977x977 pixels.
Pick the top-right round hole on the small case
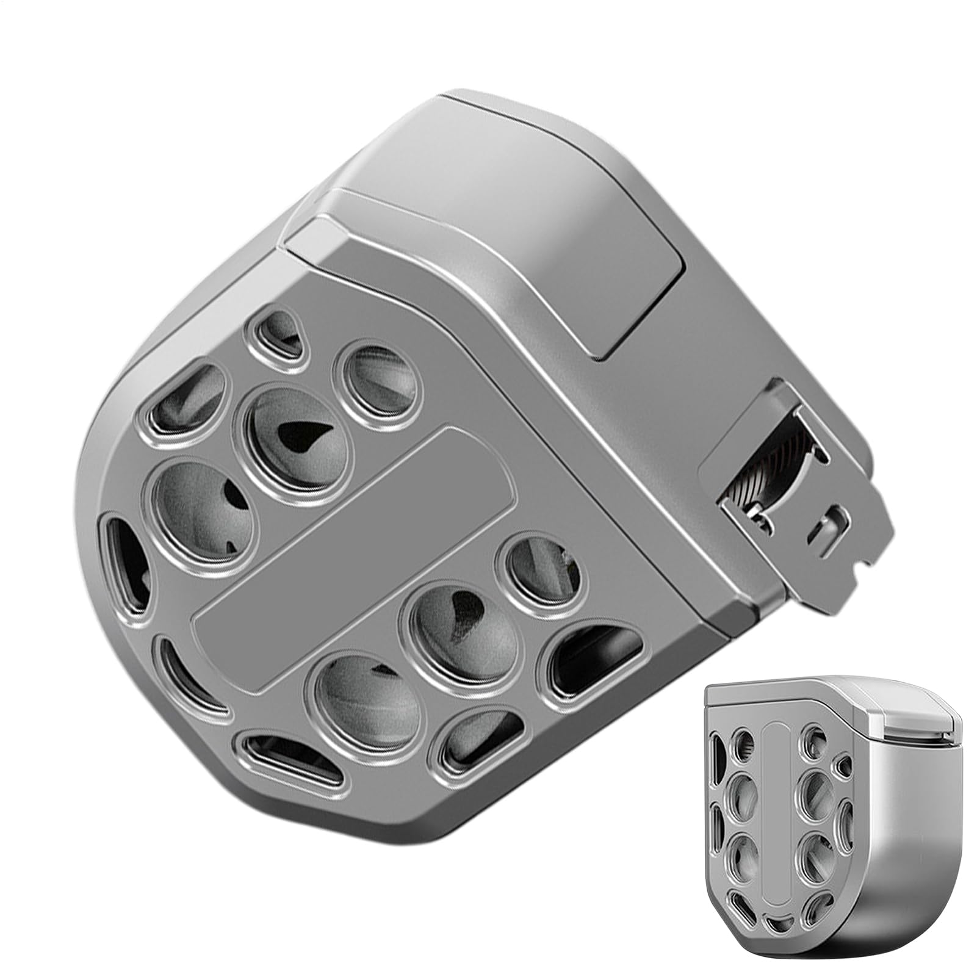click(x=812, y=744)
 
